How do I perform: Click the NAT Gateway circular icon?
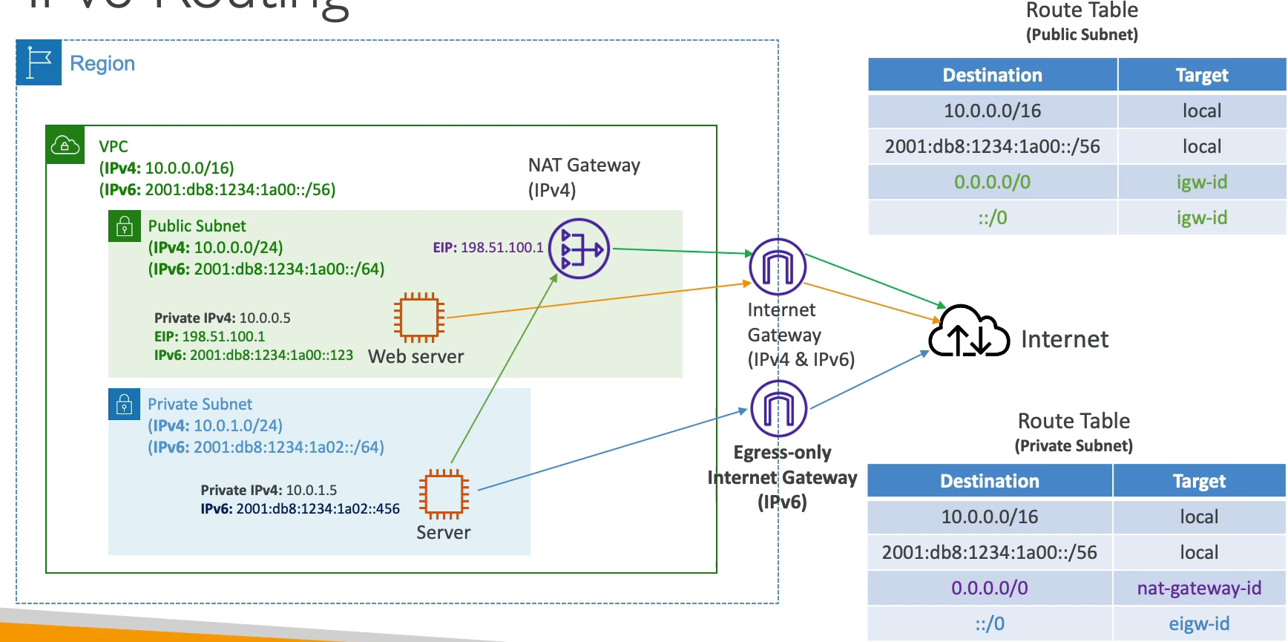[579, 249]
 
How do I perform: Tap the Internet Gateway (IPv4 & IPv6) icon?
[778, 266]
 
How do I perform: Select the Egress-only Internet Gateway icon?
[778, 408]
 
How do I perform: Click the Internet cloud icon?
[969, 333]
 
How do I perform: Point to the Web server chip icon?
[419, 318]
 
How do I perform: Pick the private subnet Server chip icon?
[444, 494]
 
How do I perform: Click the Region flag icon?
[39, 63]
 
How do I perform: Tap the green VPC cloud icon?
[65, 145]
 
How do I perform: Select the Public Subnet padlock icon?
[125, 226]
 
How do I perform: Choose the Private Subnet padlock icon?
[124, 404]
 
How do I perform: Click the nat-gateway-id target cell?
[1199, 589]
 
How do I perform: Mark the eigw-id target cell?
[1199, 624]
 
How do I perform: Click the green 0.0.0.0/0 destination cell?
[992, 183]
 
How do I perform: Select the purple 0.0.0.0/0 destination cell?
[989, 589]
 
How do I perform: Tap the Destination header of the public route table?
[992, 75]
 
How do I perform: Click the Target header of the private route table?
[1199, 481]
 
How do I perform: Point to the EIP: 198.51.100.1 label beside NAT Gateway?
[488, 248]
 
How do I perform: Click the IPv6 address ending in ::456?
[300, 509]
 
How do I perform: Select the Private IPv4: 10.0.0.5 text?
[223, 318]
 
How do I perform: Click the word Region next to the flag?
[102, 64]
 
